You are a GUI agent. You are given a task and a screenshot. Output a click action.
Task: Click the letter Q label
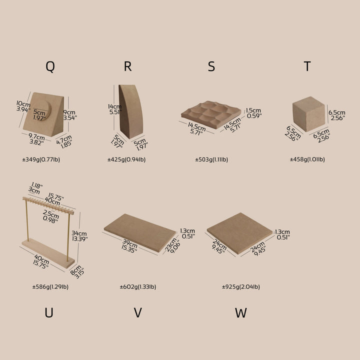[x=50, y=67]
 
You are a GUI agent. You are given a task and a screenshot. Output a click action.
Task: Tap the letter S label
[x=211, y=66]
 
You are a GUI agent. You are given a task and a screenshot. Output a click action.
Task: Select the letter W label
[x=241, y=312]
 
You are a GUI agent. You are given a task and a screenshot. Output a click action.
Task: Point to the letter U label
[x=49, y=312]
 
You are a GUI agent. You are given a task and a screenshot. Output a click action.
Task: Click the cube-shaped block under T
[x=309, y=114]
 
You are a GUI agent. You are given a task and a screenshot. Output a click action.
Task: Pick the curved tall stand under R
[x=130, y=111]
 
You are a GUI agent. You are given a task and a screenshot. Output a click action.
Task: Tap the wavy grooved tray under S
[x=211, y=114]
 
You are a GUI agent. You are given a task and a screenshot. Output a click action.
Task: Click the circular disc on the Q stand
[x=43, y=109]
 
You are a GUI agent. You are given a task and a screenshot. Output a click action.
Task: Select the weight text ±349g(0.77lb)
[x=41, y=159]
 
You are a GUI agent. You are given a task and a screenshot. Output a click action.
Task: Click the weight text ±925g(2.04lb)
[x=241, y=287]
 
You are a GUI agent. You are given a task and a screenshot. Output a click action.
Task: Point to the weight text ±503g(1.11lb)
[x=211, y=159]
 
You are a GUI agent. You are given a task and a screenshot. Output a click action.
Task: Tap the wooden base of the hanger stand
[x=48, y=253]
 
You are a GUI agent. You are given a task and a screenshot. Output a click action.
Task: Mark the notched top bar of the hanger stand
[x=48, y=205]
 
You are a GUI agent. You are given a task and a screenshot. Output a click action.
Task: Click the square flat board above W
[x=239, y=233]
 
